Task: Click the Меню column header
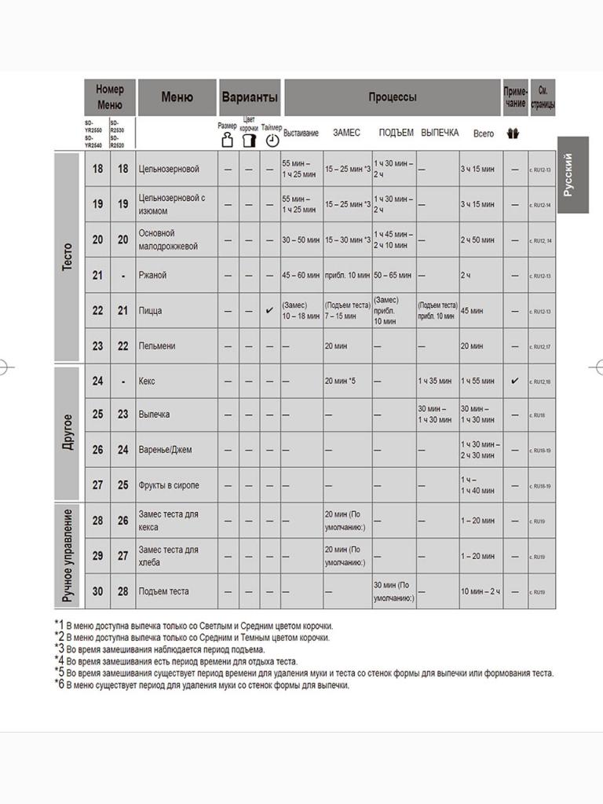pyautogui.click(x=177, y=97)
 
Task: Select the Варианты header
pyautogui.click(x=250, y=97)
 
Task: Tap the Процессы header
pyautogui.click(x=392, y=97)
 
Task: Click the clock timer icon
pyautogui.click(x=272, y=141)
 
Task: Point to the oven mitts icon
pyautogui.click(x=514, y=133)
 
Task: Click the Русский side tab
pyautogui.click(x=572, y=175)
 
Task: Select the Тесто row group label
pyautogui.click(x=68, y=257)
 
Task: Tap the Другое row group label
pyautogui.click(x=68, y=431)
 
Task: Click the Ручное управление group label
pyautogui.click(x=68, y=555)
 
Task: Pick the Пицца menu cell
pyautogui.click(x=150, y=311)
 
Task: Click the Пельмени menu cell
pyautogui.click(x=156, y=346)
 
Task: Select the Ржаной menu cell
pyautogui.click(x=152, y=276)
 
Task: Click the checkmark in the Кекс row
pyautogui.click(x=515, y=381)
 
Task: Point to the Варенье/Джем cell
pyautogui.click(x=165, y=450)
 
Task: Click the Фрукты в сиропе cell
pyautogui.click(x=168, y=485)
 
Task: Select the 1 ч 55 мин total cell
pyautogui.click(x=477, y=382)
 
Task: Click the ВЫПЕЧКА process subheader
pyautogui.click(x=440, y=133)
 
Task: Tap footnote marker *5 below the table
pyautogui.click(x=60, y=672)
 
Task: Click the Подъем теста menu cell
pyautogui.click(x=163, y=591)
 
